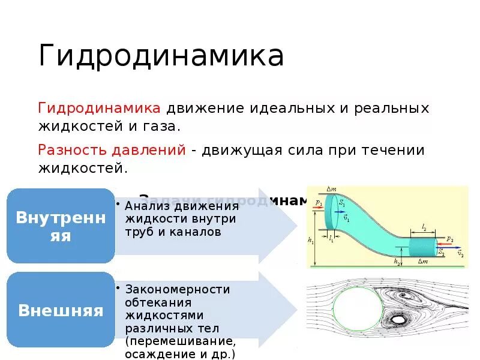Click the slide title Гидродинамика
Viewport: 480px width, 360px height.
point(161,56)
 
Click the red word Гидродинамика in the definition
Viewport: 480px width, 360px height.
point(99,109)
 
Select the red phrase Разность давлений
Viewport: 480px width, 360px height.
point(112,150)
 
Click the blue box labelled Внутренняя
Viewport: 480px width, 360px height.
point(61,226)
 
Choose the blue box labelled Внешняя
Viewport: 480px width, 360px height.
point(61,310)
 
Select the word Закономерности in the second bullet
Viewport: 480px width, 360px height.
point(178,289)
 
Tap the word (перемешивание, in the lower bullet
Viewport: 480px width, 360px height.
point(180,341)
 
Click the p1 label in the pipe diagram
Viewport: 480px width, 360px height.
point(318,203)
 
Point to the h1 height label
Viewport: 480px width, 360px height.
point(310,241)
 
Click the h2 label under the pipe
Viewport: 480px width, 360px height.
point(397,262)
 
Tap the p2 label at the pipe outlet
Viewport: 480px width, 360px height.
point(449,239)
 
